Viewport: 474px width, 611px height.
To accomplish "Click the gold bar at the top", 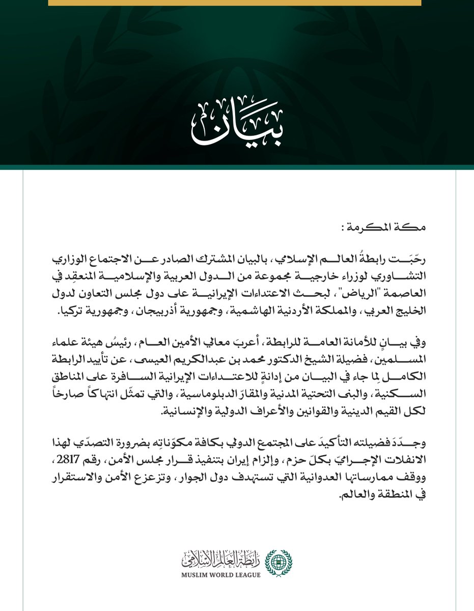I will pos(235,3).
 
